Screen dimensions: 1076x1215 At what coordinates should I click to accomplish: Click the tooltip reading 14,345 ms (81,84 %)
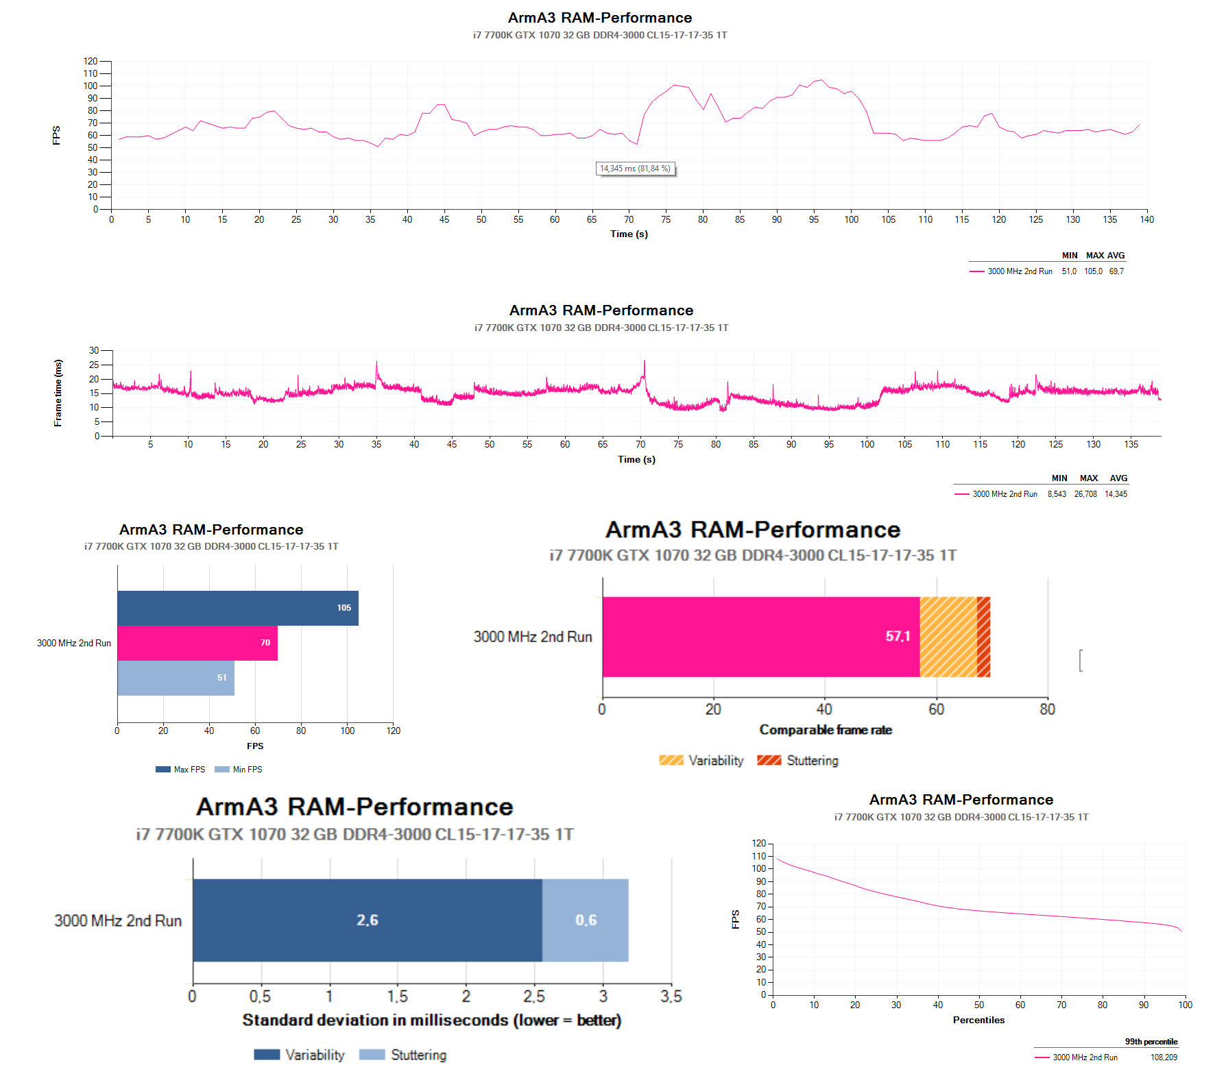pyautogui.click(x=635, y=169)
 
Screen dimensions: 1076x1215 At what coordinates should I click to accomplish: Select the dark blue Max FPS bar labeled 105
pyautogui.click(x=237, y=608)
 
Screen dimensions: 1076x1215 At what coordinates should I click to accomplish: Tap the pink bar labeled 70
pyautogui.click(x=197, y=643)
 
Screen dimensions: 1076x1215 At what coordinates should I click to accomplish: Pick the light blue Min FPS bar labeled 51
pyautogui.click(x=176, y=678)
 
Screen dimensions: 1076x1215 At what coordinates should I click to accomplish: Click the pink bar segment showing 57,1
pyautogui.click(x=760, y=637)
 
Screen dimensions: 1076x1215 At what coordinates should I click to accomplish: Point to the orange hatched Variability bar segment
pyautogui.click(x=948, y=637)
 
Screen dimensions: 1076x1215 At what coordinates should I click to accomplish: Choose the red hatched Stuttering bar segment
pyautogui.click(x=983, y=637)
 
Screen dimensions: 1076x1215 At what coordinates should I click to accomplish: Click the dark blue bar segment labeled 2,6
pyautogui.click(x=367, y=920)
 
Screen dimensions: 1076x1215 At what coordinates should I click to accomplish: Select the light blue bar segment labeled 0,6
pyautogui.click(x=585, y=920)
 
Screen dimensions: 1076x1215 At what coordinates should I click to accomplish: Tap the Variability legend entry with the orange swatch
pyautogui.click(x=701, y=761)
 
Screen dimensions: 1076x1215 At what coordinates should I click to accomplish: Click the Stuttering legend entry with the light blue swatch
pyautogui.click(x=403, y=1055)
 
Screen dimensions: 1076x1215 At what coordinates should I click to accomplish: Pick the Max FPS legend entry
pyautogui.click(x=181, y=770)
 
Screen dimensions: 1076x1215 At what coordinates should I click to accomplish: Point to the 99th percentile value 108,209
pyautogui.click(x=1164, y=1057)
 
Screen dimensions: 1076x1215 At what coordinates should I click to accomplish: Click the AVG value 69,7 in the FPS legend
pyautogui.click(x=1116, y=271)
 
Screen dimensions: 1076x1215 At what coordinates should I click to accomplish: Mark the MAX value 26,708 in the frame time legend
pyautogui.click(x=1085, y=494)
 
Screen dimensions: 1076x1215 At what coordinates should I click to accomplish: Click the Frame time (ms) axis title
pyautogui.click(x=58, y=393)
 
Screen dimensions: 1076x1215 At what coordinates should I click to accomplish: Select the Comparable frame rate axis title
pyautogui.click(x=826, y=730)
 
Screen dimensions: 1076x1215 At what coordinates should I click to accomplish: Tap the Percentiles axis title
pyautogui.click(x=978, y=1020)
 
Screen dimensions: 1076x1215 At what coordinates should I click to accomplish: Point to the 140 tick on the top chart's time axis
pyautogui.click(x=1146, y=220)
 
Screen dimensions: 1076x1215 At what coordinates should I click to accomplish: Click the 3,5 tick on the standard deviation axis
pyautogui.click(x=671, y=996)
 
